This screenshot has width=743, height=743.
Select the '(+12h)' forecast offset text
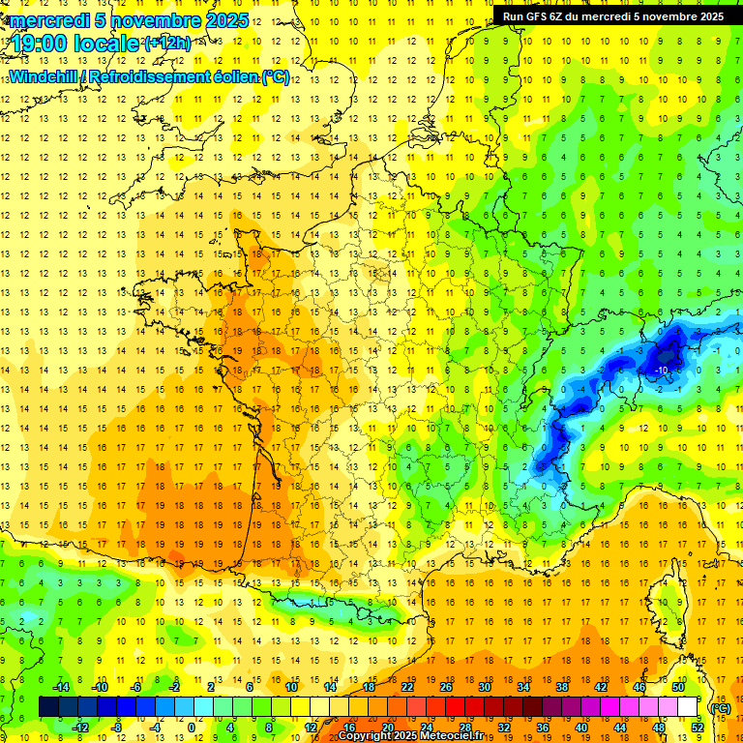[167, 43]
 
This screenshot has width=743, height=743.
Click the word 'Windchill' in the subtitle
[44, 76]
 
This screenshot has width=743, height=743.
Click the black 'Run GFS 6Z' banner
[612, 16]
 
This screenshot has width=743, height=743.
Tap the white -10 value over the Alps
[662, 371]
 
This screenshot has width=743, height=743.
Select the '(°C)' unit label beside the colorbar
[719, 707]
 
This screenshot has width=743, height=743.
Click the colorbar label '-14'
[61, 687]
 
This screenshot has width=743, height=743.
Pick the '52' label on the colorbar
[698, 728]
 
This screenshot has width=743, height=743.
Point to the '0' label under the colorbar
[191, 728]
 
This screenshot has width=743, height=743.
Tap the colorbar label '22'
[407, 687]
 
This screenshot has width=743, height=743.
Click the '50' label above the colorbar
[678, 687]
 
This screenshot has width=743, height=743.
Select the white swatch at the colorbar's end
[688, 707]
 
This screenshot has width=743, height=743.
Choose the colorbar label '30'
[485, 687]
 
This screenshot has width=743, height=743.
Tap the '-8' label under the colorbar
[116, 728]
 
